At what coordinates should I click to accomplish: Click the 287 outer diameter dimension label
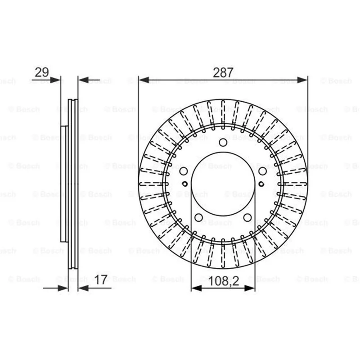point(223,72)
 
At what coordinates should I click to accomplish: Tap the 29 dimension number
point(41,72)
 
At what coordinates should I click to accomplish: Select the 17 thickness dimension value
point(101,279)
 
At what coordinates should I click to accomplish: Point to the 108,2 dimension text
point(224,280)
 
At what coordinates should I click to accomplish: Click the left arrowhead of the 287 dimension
point(144,80)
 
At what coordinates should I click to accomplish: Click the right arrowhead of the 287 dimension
point(302,80)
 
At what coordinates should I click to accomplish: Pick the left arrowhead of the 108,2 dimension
point(196,288)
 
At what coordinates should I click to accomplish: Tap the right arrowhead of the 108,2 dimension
point(250,288)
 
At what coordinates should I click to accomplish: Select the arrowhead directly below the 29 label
point(55,80)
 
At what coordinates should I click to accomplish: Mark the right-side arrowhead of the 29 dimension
point(83,80)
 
